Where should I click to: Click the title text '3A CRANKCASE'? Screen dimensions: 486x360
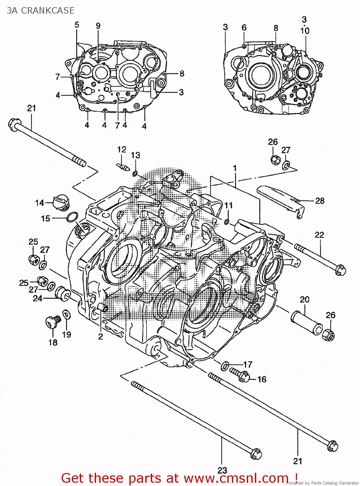[41, 11]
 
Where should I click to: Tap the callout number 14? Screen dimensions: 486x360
[40, 203]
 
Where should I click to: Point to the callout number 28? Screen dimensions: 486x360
[320, 201]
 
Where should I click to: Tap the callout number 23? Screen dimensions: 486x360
[222, 470]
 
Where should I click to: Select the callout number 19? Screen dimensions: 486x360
[66, 334]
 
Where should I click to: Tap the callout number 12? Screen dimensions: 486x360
[122, 149]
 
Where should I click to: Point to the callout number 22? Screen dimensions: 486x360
[319, 235]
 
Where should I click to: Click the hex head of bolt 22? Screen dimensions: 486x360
[340, 270]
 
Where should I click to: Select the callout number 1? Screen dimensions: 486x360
[234, 168]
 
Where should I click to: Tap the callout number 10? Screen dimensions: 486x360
[305, 31]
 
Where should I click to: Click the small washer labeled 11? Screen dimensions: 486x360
[227, 222]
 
